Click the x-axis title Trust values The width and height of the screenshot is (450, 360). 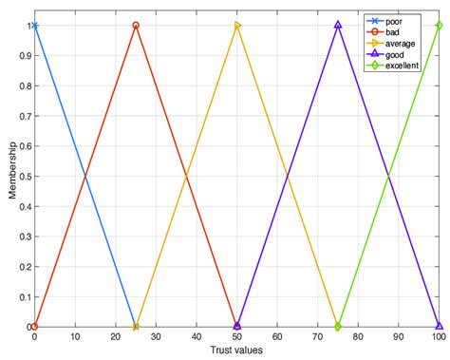click(x=236, y=351)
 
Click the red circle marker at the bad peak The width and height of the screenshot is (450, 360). click(x=136, y=26)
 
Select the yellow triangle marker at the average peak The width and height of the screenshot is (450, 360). click(x=237, y=26)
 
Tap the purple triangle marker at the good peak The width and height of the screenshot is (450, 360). click(x=338, y=26)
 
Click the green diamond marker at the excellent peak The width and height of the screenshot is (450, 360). click(x=439, y=26)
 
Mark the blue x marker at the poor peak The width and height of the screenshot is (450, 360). click(x=35, y=26)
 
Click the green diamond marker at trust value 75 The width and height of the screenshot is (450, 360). click(x=338, y=326)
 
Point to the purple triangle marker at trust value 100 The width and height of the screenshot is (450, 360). click(x=439, y=326)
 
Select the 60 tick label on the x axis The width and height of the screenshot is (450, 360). click(x=277, y=337)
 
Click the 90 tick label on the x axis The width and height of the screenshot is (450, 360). click(x=399, y=337)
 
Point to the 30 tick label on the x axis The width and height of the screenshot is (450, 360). click(x=156, y=337)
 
